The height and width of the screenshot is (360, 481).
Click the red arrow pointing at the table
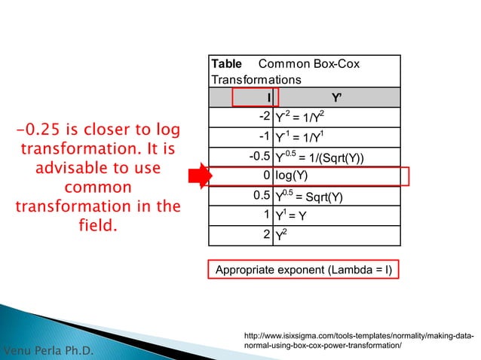click(198, 177)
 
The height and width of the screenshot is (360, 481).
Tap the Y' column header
click(335, 97)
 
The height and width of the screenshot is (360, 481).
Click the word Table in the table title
click(225, 65)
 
